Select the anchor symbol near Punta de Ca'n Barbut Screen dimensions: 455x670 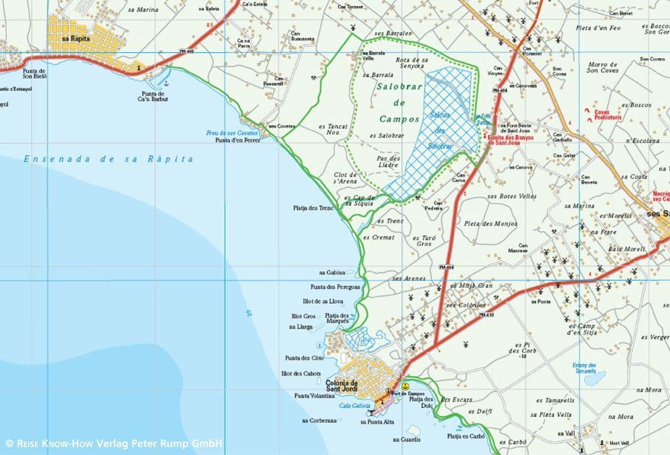tap(167, 82)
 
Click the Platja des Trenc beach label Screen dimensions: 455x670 tap(313, 207)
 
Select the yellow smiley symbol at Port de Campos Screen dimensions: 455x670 tap(405, 387)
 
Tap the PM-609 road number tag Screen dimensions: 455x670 tap(188, 52)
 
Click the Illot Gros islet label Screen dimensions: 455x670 tap(303, 316)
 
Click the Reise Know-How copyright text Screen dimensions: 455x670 tap(114, 443)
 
